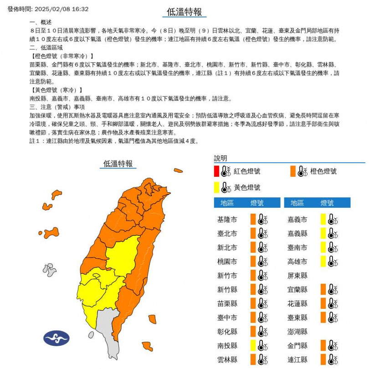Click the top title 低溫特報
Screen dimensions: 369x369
click(184, 12)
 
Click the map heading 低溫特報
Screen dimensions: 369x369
click(118, 164)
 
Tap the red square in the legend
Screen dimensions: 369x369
click(216, 171)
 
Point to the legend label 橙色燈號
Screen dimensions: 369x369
click(323, 171)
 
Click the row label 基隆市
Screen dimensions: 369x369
click(227, 220)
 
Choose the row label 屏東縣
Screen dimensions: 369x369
click(297, 276)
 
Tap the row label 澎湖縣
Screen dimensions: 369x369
click(297, 332)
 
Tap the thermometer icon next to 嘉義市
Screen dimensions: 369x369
click(333, 220)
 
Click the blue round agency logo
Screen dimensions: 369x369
click(56, 338)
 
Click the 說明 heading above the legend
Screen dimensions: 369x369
click(220, 159)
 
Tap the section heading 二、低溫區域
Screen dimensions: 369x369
click(46, 47)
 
